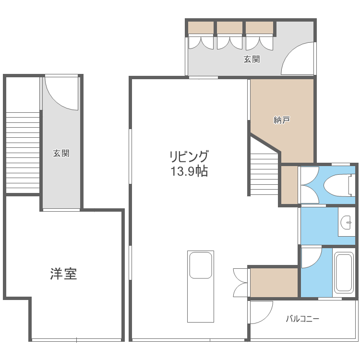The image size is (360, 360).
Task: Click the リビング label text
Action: pos(189,156)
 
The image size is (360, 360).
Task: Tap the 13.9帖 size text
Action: pos(189,171)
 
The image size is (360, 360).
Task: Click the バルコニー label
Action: pos(302,318)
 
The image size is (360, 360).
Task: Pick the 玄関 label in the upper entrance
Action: pos(252,60)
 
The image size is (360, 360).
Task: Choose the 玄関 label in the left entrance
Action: pos(61,154)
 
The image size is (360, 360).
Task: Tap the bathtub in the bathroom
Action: pos(345,272)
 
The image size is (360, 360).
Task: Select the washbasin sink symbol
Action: pos(346,222)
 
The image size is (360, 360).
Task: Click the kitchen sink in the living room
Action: pos(201,265)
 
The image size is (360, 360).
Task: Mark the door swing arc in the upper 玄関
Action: pos(298,59)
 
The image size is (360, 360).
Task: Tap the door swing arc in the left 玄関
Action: pos(60,94)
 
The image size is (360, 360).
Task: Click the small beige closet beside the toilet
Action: pos(288,185)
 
